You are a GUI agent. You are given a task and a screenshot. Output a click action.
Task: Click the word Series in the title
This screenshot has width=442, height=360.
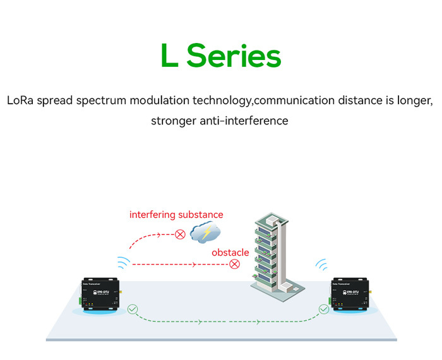click(x=234, y=56)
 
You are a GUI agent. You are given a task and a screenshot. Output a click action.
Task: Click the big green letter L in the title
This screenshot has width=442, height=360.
click(x=170, y=56)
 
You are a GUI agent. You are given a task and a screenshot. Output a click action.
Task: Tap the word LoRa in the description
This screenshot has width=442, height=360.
click(x=20, y=100)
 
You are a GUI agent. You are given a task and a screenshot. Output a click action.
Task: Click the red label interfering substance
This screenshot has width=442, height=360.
click(x=176, y=215)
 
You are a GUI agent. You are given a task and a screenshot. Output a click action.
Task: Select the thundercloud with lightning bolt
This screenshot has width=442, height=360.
click(x=205, y=233)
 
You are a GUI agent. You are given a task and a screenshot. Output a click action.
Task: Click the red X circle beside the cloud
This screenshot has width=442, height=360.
click(x=180, y=235)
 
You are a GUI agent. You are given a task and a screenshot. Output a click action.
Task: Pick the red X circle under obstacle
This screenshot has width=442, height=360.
click(x=235, y=264)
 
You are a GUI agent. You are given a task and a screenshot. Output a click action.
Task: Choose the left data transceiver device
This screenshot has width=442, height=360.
click(x=99, y=295)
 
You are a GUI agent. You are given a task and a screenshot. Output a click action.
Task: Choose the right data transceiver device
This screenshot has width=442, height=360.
click(x=349, y=295)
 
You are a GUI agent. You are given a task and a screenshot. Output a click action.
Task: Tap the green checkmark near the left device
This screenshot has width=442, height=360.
click(x=132, y=309)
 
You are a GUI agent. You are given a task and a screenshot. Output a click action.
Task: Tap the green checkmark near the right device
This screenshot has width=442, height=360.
click(x=324, y=309)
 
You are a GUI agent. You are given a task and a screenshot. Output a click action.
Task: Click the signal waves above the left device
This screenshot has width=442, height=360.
click(x=123, y=263)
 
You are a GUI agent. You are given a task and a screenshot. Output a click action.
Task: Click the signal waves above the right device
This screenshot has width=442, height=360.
click(x=322, y=264)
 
